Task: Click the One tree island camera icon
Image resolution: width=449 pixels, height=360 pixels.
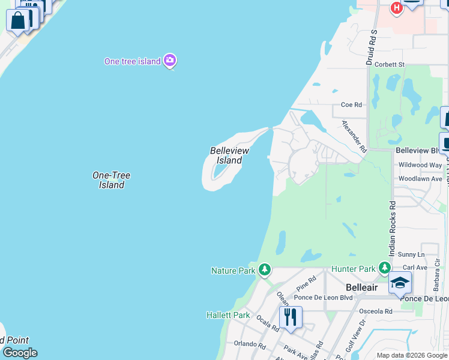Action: point(170,60)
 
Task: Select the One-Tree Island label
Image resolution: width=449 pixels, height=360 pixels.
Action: point(111,180)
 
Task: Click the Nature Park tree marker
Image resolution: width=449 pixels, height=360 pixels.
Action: point(264,270)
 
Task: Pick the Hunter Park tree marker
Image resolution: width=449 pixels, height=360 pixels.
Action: point(384,268)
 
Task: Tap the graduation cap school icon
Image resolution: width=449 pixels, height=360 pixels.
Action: point(400,283)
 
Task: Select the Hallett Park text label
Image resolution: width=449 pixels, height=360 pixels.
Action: point(228,315)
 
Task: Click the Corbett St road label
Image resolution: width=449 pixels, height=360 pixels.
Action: point(390,64)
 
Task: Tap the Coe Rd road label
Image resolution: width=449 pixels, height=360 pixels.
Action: point(351,104)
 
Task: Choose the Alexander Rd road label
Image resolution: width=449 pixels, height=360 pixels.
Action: point(354,136)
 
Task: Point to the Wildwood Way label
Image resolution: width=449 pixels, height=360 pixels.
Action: point(420,165)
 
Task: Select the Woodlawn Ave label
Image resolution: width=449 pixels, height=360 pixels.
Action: point(420,179)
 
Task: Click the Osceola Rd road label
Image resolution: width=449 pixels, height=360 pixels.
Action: point(375,311)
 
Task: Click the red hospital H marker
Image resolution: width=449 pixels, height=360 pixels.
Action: point(396,7)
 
